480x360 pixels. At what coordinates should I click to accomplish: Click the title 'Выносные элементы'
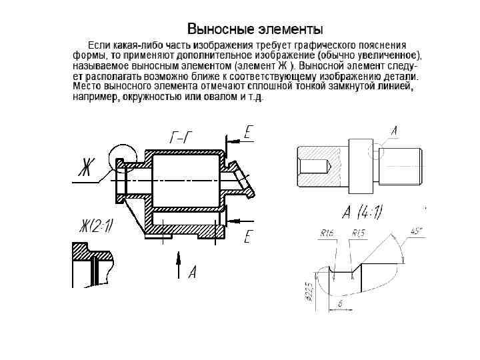[255, 29]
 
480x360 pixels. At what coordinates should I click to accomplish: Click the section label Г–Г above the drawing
[182, 138]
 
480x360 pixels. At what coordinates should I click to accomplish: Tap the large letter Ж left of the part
[84, 166]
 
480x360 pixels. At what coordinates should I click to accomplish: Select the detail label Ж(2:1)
[97, 227]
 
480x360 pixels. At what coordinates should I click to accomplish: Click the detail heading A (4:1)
[361, 213]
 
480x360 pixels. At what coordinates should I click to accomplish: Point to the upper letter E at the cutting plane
[248, 132]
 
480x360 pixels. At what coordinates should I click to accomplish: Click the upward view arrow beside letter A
[178, 265]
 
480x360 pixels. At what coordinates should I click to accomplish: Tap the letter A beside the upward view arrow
[192, 271]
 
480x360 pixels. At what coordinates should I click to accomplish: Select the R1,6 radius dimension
[327, 233]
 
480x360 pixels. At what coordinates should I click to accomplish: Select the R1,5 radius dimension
[358, 233]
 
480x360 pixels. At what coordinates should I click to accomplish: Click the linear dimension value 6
[340, 303]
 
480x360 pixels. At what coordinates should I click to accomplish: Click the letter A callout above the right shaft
[394, 132]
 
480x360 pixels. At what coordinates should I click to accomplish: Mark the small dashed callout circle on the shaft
[379, 152]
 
